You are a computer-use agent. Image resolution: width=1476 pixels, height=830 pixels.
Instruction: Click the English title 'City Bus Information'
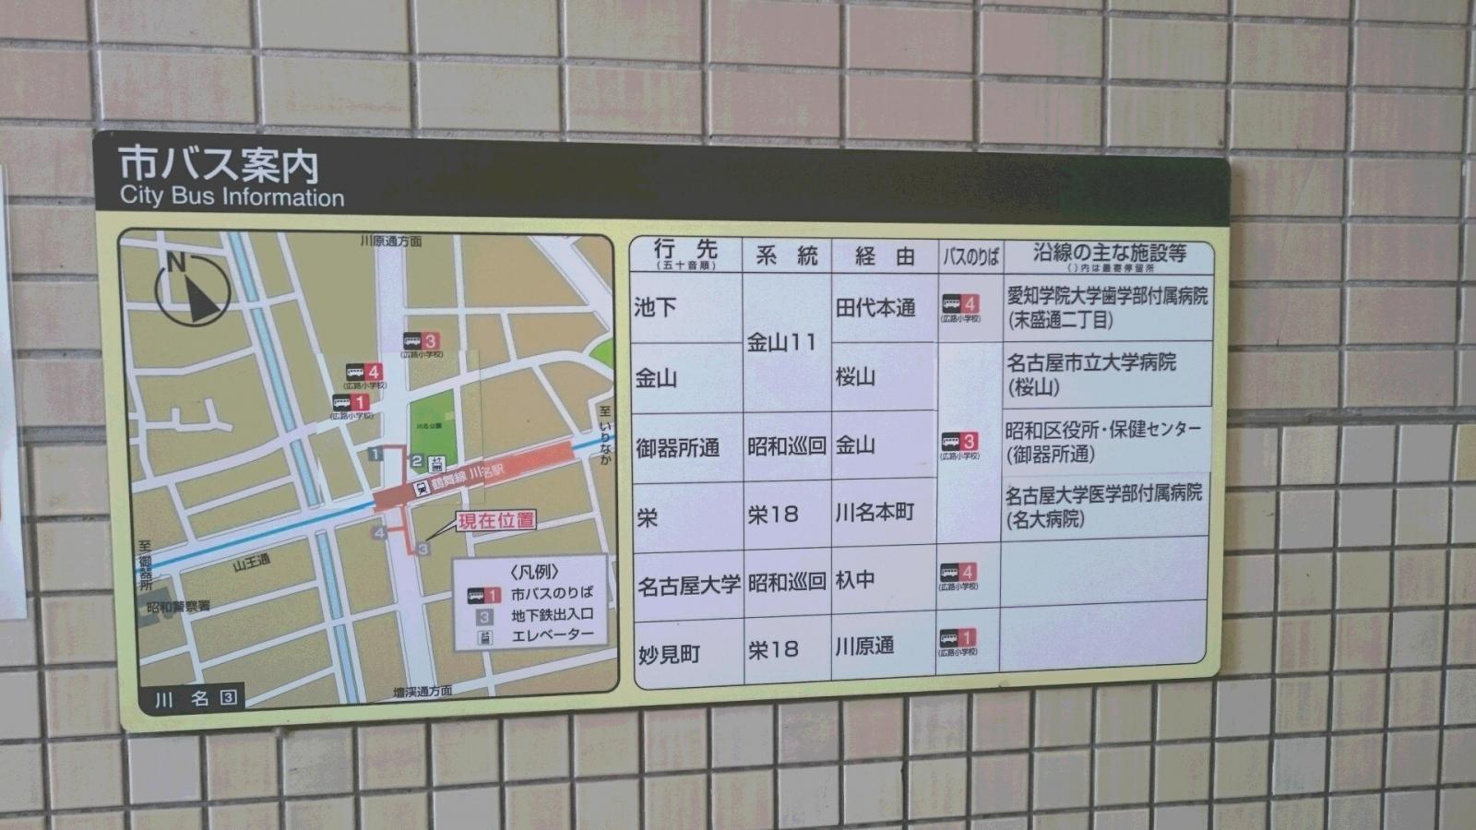pyautogui.click(x=232, y=196)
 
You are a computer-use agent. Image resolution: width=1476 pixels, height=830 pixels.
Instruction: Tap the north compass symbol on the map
pyautogui.click(x=191, y=290)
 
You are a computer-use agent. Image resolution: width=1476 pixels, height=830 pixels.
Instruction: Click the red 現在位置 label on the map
pyautogui.click(x=496, y=520)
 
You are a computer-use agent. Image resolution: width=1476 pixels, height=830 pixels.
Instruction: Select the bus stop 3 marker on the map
pyautogui.click(x=422, y=343)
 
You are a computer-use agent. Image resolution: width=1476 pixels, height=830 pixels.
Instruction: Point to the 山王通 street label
pyautogui.click(x=252, y=562)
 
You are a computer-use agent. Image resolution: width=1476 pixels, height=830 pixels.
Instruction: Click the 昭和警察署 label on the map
pyautogui.click(x=179, y=607)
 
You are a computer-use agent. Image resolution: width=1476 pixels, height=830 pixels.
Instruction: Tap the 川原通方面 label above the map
pyautogui.click(x=391, y=242)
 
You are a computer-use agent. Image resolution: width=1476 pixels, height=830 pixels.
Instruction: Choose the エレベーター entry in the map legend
pyautogui.click(x=552, y=634)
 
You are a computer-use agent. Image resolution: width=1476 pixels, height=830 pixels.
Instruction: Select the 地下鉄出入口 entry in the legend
pyautogui.click(x=552, y=614)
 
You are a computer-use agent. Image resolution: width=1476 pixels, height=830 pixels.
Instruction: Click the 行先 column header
pyautogui.click(x=685, y=253)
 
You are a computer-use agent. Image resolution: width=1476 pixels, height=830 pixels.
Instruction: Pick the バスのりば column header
pyautogui.click(x=970, y=256)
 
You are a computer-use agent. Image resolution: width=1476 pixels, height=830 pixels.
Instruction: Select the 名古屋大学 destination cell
pyautogui.click(x=688, y=585)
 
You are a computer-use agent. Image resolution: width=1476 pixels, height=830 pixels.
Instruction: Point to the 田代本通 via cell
pyautogui.click(x=875, y=308)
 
